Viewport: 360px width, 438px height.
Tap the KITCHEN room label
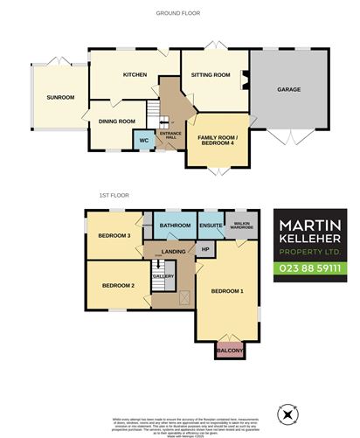(133, 75)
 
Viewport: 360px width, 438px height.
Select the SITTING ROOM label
(211, 75)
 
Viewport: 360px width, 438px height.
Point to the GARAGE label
(289, 89)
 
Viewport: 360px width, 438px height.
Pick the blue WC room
(140, 140)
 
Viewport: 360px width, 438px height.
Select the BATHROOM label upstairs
(175, 226)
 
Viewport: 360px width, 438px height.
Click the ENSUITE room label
(211, 226)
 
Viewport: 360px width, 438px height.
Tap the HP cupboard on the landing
(205, 249)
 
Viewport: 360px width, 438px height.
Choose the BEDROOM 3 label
(114, 235)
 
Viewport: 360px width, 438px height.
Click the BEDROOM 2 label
(118, 286)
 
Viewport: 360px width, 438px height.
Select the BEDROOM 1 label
(228, 291)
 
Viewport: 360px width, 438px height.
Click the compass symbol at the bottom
(288, 412)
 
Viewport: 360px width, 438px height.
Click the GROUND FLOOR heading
(179, 13)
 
